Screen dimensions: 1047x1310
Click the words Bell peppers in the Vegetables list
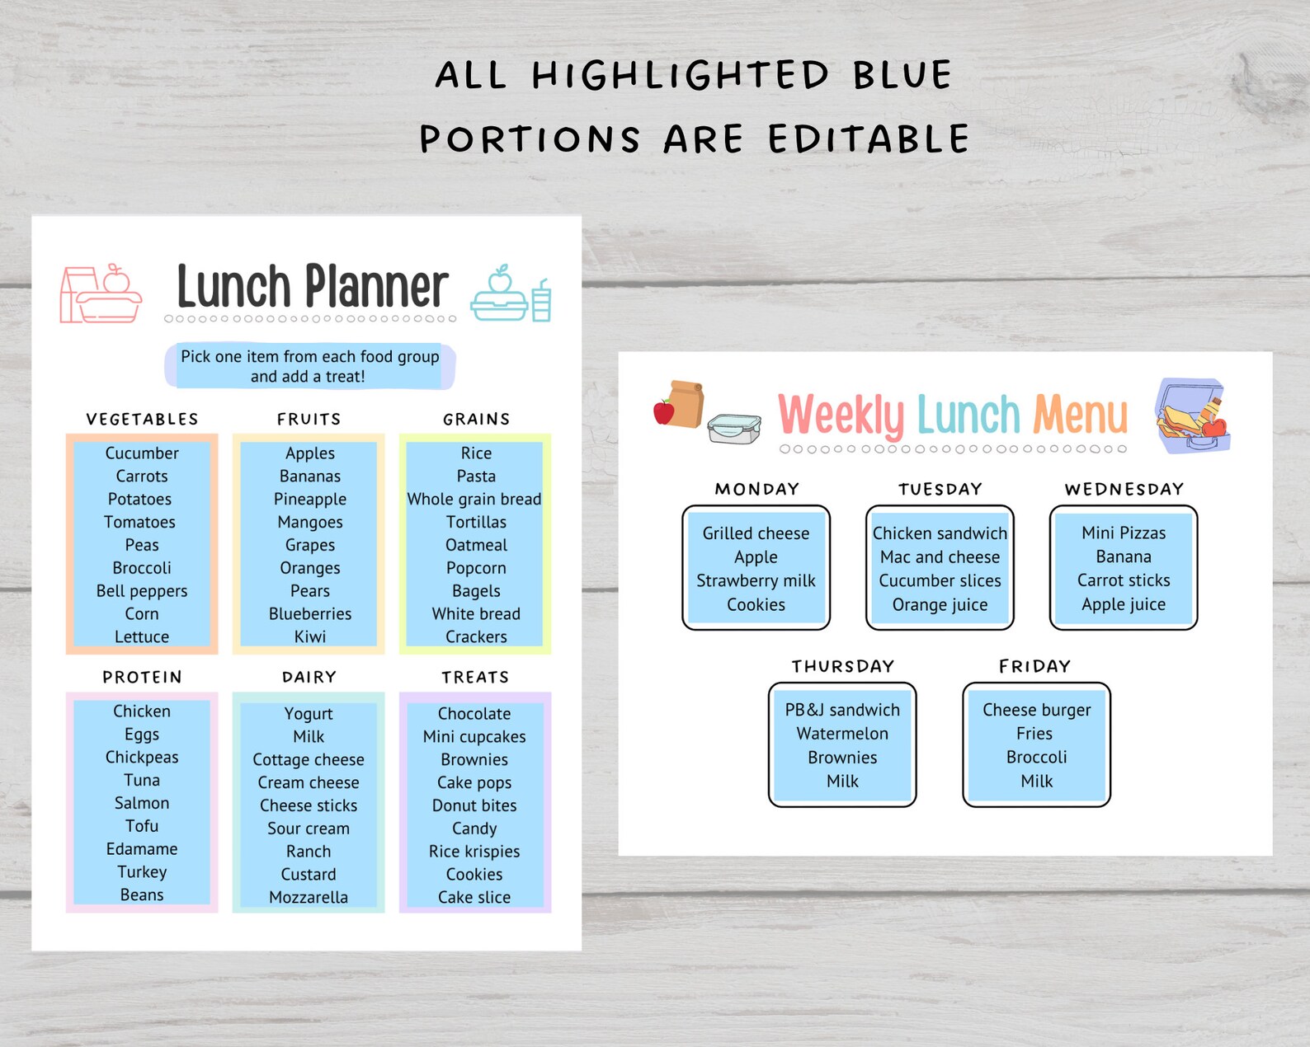142,591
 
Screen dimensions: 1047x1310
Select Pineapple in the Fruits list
310,500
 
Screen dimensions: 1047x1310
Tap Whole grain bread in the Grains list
474,500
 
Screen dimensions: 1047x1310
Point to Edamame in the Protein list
142,849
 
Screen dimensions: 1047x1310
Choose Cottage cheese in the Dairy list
309,760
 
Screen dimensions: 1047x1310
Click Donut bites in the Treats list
474,805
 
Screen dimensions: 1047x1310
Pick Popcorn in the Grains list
476,568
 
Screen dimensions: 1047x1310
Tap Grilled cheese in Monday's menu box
756,533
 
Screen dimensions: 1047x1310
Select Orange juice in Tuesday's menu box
940,605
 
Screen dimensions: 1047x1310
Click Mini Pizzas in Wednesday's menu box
1124,533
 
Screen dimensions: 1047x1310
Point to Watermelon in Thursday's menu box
842,734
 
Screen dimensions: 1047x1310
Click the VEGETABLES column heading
142,420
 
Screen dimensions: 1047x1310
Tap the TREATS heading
475,678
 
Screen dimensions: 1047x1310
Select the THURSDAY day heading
842,667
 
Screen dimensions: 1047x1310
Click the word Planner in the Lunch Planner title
377,287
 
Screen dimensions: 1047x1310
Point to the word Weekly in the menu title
841,416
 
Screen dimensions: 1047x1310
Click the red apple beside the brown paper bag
663,411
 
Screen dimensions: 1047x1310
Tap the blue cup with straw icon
541,301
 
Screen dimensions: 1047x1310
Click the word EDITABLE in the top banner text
869,139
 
